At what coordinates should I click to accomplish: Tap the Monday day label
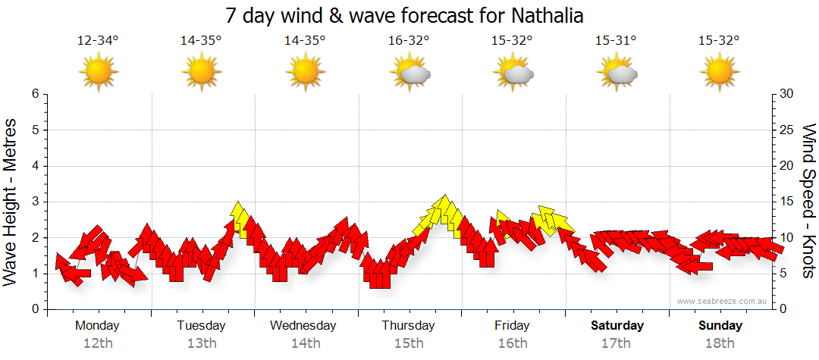pyautogui.click(x=97, y=326)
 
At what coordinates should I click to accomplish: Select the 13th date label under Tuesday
pyautogui.click(x=202, y=343)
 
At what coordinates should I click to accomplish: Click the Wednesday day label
pyautogui.click(x=303, y=326)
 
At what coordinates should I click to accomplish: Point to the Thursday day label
pyautogui.click(x=408, y=326)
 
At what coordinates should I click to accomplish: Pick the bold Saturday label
pyautogui.click(x=617, y=326)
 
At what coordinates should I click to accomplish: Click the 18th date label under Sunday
pyautogui.click(x=720, y=343)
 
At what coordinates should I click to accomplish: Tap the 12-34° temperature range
pyautogui.click(x=98, y=41)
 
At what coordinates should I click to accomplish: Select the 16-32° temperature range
pyautogui.click(x=409, y=41)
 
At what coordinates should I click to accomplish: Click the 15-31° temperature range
pyautogui.click(x=616, y=41)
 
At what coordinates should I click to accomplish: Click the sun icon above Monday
pyautogui.click(x=99, y=73)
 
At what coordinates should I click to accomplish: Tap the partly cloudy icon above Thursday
pyautogui.click(x=410, y=74)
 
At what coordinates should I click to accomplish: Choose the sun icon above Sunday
pyautogui.click(x=720, y=73)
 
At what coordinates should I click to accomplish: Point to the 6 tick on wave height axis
pyautogui.click(x=34, y=94)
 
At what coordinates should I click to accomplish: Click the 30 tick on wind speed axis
pyautogui.click(x=787, y=94)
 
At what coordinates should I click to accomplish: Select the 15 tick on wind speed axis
pyautogui.click(x=787, y=202)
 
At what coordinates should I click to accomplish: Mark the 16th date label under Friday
pyautogui.click(x=513, y=343)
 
